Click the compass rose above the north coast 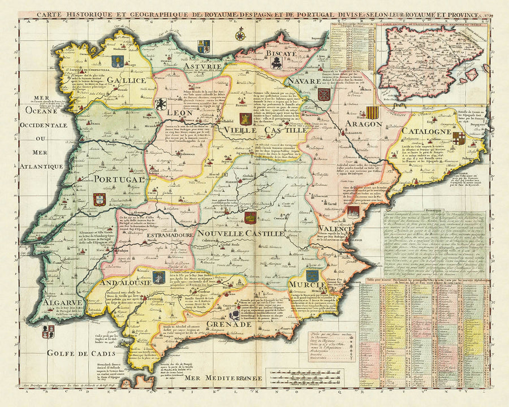click(240, 36)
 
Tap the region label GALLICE click(128, 81)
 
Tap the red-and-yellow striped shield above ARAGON click(372, 112)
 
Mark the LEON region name click(179, 113)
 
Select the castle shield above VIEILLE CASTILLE click(245, 119)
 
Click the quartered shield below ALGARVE click(49, 330)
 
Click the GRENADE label click(228, 324)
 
